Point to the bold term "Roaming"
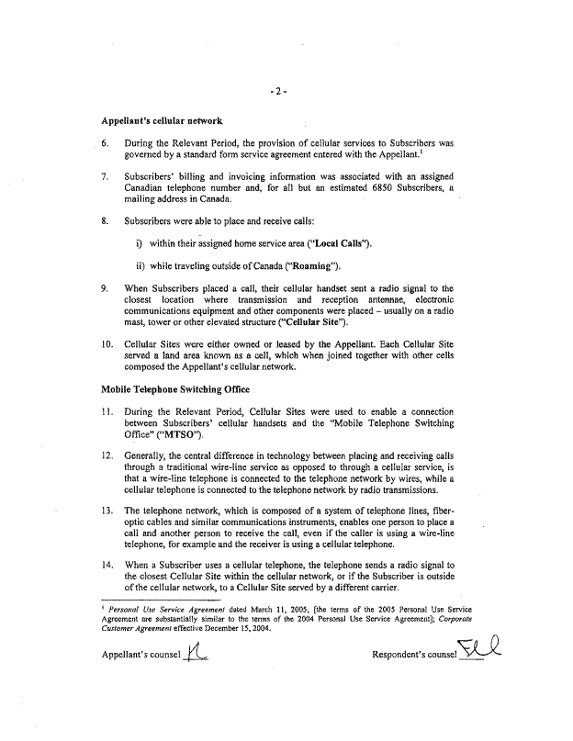(x=312, y=267)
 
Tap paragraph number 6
(x=107, y=143)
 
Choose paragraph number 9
(x=107, y=288)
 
